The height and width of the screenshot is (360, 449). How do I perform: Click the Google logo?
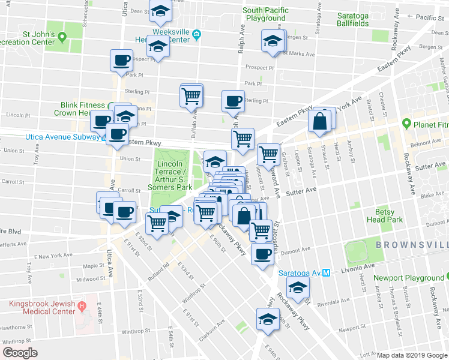click(20, 353)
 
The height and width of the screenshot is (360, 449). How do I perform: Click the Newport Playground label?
click(408, 278)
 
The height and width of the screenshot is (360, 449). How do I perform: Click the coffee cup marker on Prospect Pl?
click(121, 61)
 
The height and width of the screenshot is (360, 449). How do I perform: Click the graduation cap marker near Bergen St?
click(271, 42)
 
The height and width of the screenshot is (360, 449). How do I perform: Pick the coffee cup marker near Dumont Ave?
click(262, 253)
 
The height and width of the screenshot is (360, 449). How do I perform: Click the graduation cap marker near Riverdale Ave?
click(297, 287)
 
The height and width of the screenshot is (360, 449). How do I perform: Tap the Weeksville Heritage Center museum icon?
click(197, 40)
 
